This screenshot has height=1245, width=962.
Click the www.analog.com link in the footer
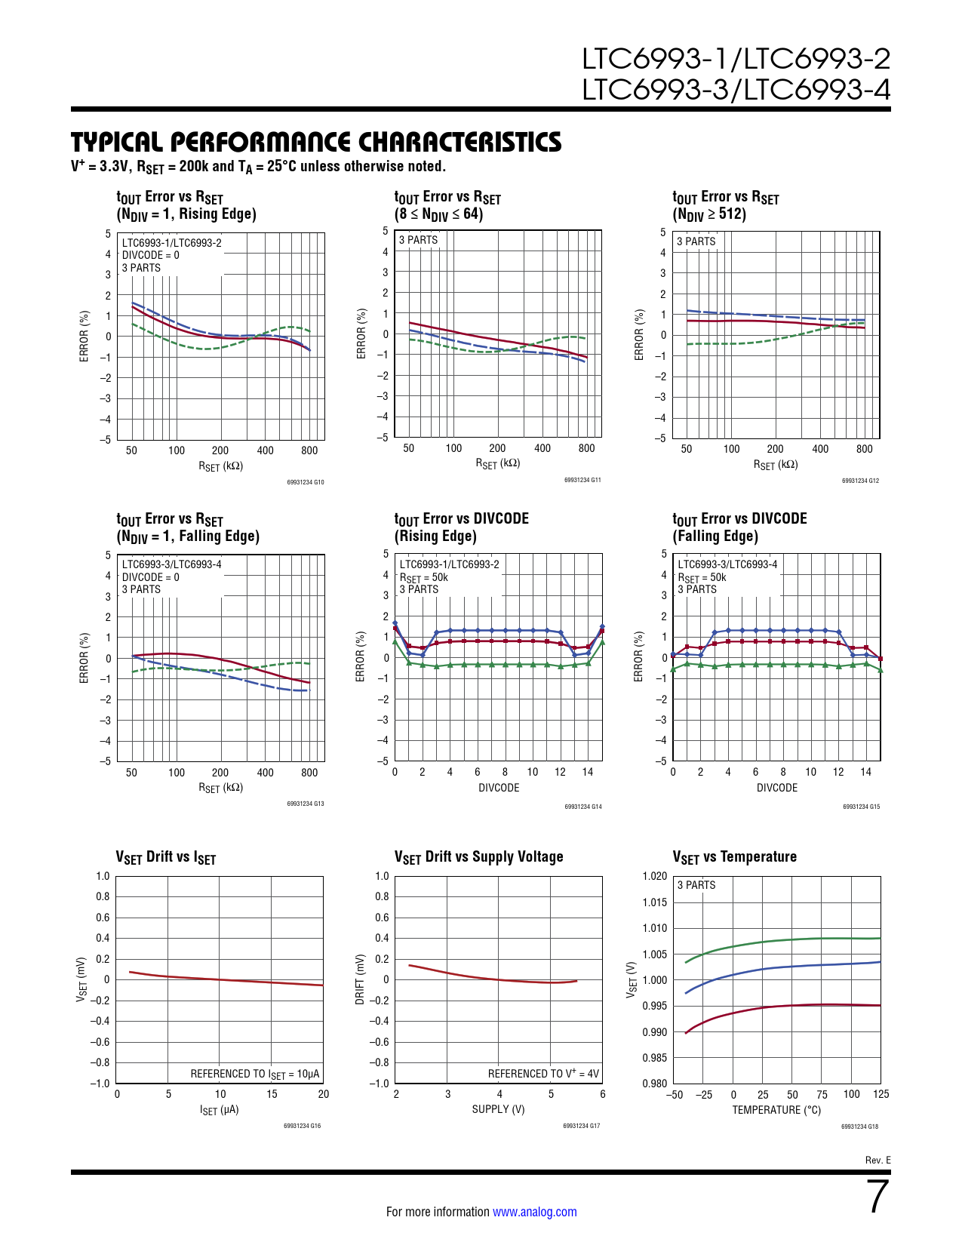[x=534, y=1212]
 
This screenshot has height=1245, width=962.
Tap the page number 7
[x=877, y=1197]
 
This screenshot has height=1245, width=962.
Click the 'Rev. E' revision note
[x=877, y=1160]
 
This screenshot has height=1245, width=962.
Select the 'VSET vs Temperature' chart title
[x=734, y=857]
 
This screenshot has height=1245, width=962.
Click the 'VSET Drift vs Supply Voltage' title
[x=478, y=857]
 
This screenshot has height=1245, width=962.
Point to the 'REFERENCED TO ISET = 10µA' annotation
[x=255, y=1074]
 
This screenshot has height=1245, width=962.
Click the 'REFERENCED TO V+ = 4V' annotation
[x=543, y=1074]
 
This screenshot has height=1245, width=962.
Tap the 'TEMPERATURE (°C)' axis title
[x=776, y=1110]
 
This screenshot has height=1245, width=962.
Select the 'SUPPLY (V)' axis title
[x=498, y=1109]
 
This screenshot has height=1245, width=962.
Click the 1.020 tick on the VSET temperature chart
[x=655, y=876]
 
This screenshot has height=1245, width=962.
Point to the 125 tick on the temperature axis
[x=881, y=1094]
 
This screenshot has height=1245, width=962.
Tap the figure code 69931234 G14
[x=582, y=807]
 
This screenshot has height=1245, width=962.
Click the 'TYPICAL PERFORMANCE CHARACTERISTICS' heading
[x=316, y=142]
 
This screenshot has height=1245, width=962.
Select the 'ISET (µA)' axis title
[x=219, y=1110]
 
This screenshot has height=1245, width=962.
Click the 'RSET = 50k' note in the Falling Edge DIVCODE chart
[x=702, y=577]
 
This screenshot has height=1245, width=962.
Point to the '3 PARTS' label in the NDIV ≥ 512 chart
[x=696, y=241]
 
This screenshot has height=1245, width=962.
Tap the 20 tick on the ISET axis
[x=324, y=1094]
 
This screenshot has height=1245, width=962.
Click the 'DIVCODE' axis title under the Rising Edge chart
[x=499, y=788]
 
